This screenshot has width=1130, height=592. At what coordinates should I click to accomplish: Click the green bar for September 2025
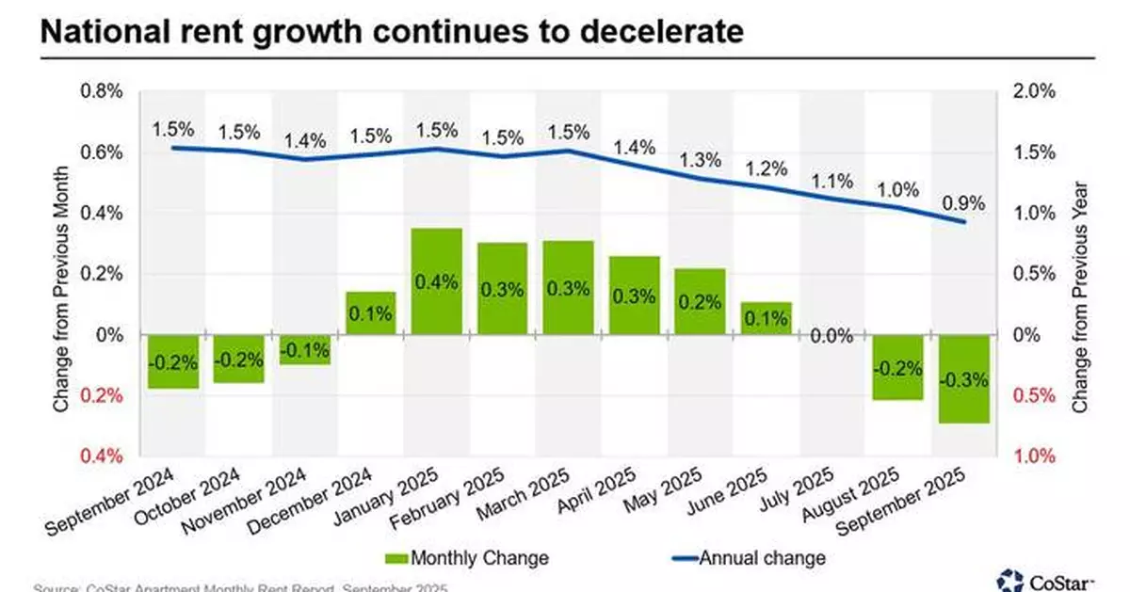pos(962,379)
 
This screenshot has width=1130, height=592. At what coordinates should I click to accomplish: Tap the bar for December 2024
pos(370,313)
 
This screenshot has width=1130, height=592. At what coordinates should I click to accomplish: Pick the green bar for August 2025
pos(896,368)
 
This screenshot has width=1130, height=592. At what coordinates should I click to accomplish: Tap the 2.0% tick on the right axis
pos(1034,92)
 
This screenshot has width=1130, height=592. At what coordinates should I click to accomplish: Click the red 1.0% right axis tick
pos(1034,456)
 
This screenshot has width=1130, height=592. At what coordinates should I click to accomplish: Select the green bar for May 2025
pos(700,301)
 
